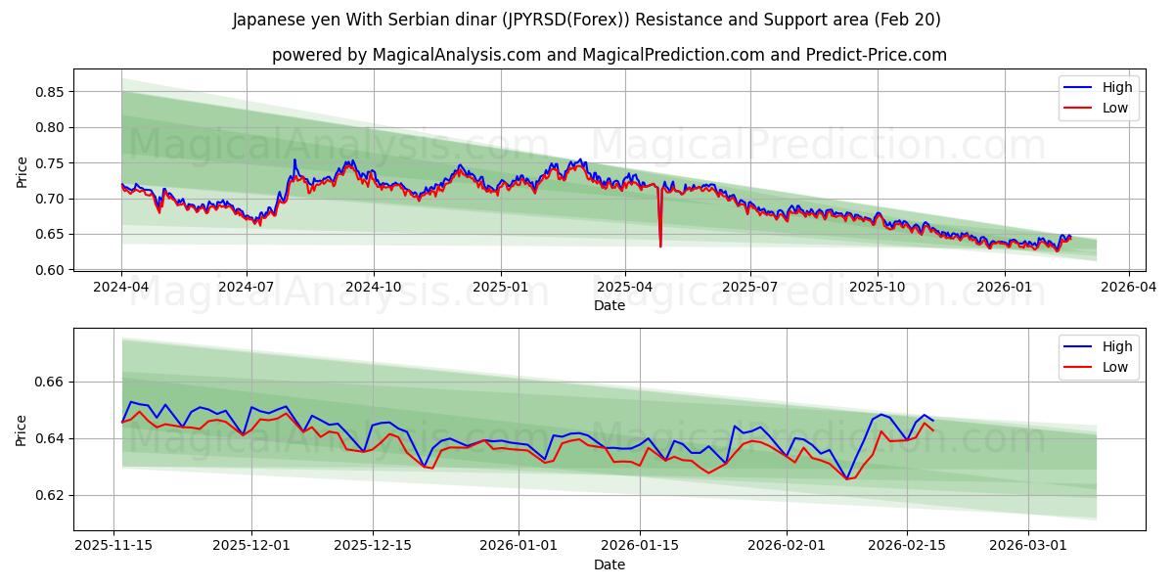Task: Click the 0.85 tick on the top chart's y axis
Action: [x=50, y=92]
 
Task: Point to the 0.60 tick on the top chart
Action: [x=50, y=270]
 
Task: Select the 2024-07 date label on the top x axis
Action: [x=247, y=288]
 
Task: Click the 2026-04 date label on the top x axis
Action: [x=1129, y=288]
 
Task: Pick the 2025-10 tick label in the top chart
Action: [x=878, y=288]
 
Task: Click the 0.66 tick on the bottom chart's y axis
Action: [x=50, y=382]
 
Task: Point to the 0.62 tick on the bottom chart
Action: [x=50, y=495]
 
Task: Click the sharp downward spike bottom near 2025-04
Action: [x=660, y=246]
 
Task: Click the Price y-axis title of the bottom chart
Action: [x=23, y=429]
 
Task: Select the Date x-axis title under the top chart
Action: [x=609, y=305]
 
